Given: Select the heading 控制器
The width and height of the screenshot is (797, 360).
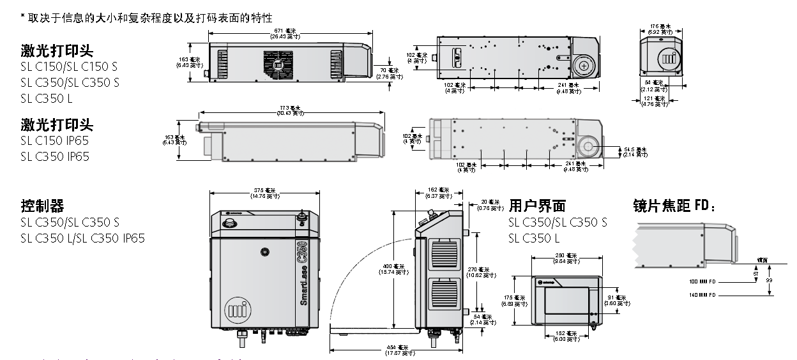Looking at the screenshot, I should (42, 206).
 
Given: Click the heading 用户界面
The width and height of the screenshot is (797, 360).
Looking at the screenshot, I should (537, 206).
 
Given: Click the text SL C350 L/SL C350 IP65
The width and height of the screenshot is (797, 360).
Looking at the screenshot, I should (82, 238).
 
